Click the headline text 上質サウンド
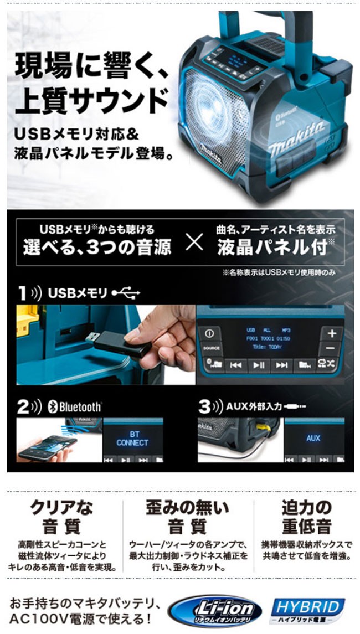88,101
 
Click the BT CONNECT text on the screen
132,439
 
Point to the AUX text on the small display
313,438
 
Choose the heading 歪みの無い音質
188,516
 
